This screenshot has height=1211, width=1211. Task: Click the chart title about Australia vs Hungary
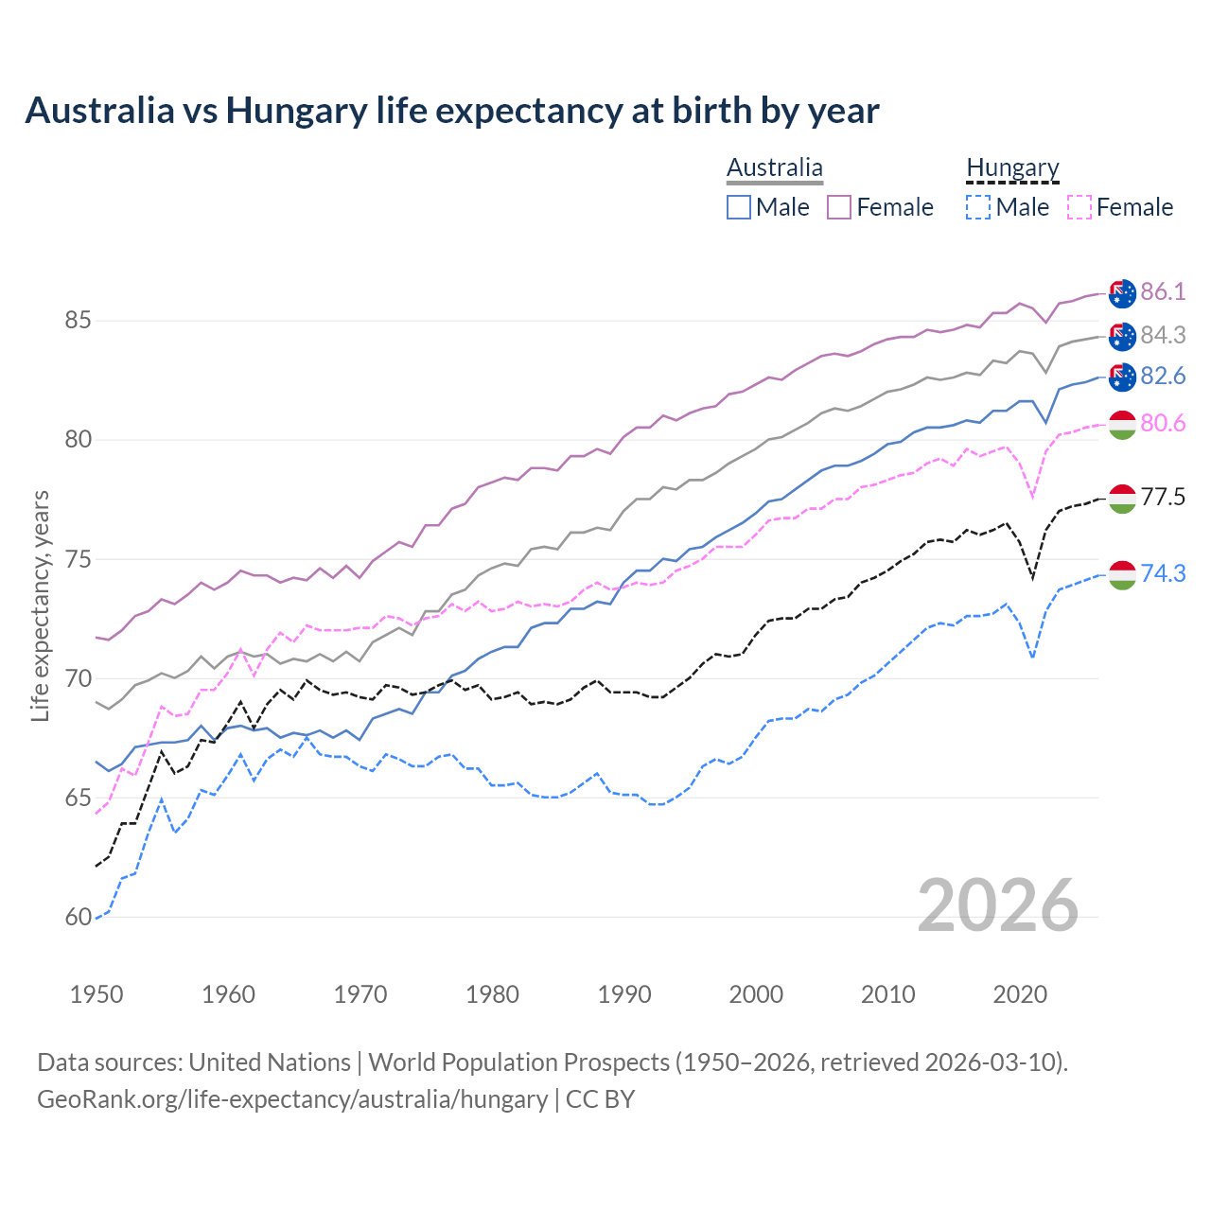[x=452, y=111]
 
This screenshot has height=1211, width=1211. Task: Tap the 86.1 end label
[x=1163, y=291]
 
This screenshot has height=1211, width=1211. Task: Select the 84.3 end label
[x=1163, y=335]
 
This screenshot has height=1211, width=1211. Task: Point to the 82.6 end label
[x=1163, y=376]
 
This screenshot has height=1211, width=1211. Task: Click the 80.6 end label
[x=1163, y=423]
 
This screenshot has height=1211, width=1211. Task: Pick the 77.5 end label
[x=1163, y=497]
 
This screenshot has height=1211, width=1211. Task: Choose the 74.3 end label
[x=1163, y=573]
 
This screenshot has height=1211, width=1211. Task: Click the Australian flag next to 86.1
[x=1122, y=293]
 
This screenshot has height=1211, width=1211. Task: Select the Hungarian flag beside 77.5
[x=1122, y=499]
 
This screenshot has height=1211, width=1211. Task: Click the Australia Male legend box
[x=739, y=207]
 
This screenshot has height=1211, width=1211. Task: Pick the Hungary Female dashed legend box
[x=1079, y=207]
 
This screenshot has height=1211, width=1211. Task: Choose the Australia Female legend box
[x=839, y=207]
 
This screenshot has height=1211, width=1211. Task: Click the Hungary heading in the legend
[x=1012, y=168]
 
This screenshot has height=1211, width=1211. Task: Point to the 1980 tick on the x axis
[x=492, y=994]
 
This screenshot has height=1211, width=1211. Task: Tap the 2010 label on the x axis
[x=887, y=994]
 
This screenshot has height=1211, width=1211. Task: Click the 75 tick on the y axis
[x=78, y=559]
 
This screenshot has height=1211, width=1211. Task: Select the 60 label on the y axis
[x=78, y=917]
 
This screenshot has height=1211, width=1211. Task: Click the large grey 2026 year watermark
[x=998, y=905]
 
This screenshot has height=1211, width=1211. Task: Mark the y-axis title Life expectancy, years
[x=40, y=605]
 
